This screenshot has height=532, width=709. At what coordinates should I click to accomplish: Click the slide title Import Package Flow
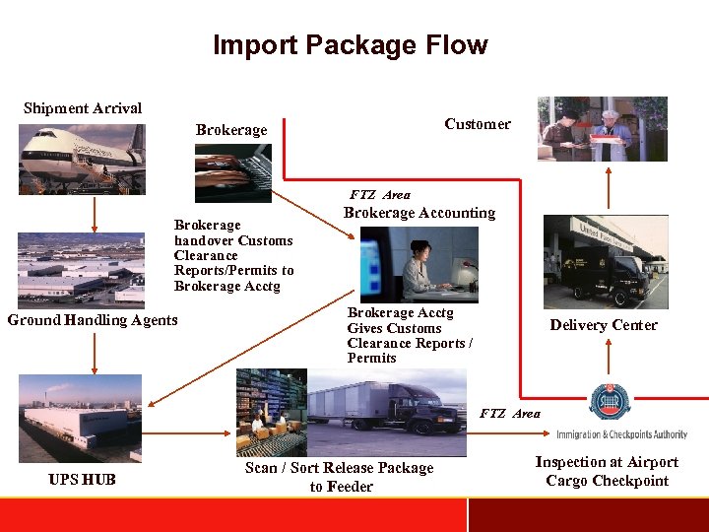pos(350,45)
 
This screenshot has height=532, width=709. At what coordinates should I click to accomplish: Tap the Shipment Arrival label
pos(83,108)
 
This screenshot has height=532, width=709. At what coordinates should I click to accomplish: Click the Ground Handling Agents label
pos(93,319)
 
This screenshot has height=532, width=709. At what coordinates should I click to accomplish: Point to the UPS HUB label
pos(82,480)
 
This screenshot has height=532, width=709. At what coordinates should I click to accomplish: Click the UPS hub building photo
pos(79,419)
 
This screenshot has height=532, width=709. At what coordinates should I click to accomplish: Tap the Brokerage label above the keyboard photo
pos(231,130)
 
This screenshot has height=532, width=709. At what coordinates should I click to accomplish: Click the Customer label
pos(477,124)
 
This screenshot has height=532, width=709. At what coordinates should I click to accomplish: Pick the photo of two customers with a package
pos(602,129)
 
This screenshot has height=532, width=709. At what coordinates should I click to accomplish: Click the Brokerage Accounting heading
pos(419,213)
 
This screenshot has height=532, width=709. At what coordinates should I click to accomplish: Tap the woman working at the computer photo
pos(419,264)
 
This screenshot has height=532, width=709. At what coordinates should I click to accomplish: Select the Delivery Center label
pos(604,325)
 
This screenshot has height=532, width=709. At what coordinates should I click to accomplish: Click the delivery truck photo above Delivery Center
pos(606,261)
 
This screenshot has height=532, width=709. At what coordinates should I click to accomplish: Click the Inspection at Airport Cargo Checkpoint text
pos(607,472)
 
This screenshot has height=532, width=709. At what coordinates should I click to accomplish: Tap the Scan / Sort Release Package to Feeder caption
pos(340,477)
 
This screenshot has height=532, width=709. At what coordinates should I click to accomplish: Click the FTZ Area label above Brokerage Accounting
pos(380,195)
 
